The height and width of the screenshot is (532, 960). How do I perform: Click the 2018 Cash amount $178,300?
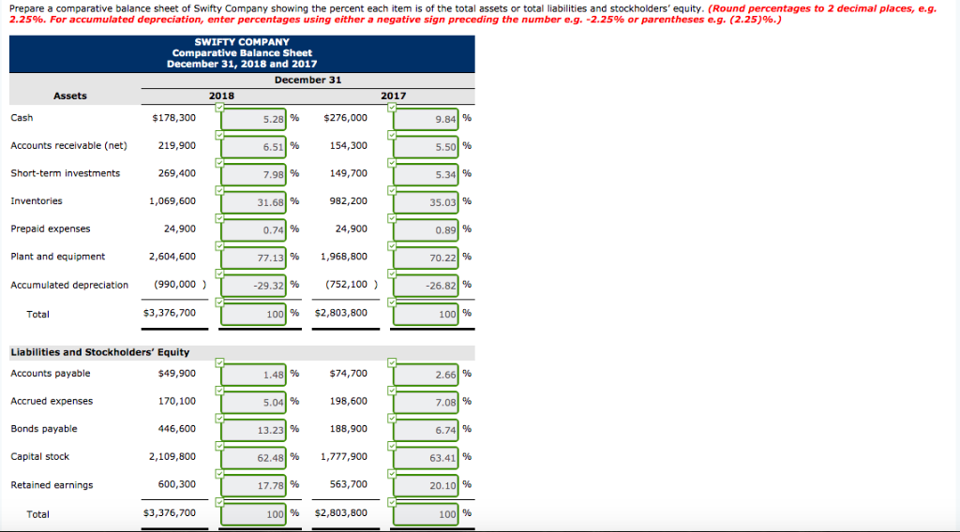click(173, 118)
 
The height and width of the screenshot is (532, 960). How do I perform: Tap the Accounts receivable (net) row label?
click(68, 146)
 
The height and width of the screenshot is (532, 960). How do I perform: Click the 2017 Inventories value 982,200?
click(346, 201)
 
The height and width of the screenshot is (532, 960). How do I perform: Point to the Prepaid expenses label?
click(51, 229)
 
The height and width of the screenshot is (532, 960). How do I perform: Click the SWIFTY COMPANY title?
click(242, 42)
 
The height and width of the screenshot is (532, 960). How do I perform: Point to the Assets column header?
click(70, 96)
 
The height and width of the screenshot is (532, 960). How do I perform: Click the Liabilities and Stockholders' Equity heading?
click(99, 352)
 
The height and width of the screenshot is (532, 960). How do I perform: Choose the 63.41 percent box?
click(427, 458)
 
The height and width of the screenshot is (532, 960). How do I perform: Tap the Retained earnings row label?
click(52, 485)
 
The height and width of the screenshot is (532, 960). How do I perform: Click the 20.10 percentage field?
click(427, 486)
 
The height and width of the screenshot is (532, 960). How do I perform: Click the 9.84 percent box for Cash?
click(427, 119)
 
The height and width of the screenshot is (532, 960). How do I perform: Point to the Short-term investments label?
click(65, 173)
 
